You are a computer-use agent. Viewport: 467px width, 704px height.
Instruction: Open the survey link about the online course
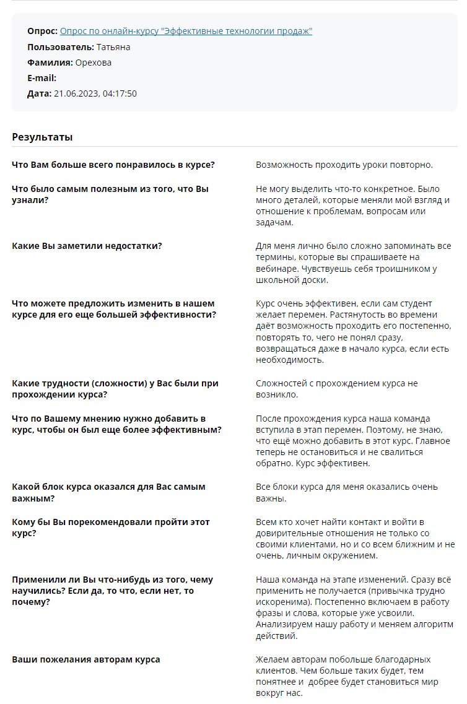(186, 31)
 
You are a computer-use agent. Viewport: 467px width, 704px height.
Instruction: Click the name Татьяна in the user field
(113, 47)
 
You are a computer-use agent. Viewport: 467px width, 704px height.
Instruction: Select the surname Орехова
(94, 63)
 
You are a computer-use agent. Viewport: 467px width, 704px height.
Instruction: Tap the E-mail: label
(42, 78)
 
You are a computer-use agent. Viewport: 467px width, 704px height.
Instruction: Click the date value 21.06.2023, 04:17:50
(95, 93)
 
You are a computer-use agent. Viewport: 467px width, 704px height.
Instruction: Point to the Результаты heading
(42, 137)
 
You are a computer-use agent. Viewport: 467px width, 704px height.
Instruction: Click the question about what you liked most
(113, 165)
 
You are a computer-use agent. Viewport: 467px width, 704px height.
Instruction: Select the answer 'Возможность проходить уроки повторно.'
(344, 165)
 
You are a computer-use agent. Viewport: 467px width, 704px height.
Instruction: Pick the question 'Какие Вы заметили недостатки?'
(87, 246)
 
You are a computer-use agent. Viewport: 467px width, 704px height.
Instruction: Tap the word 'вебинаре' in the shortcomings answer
(274, 268)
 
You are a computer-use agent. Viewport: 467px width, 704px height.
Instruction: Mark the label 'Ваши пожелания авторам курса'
(85, 659)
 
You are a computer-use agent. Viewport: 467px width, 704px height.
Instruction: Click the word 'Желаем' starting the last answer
(273, 659)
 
